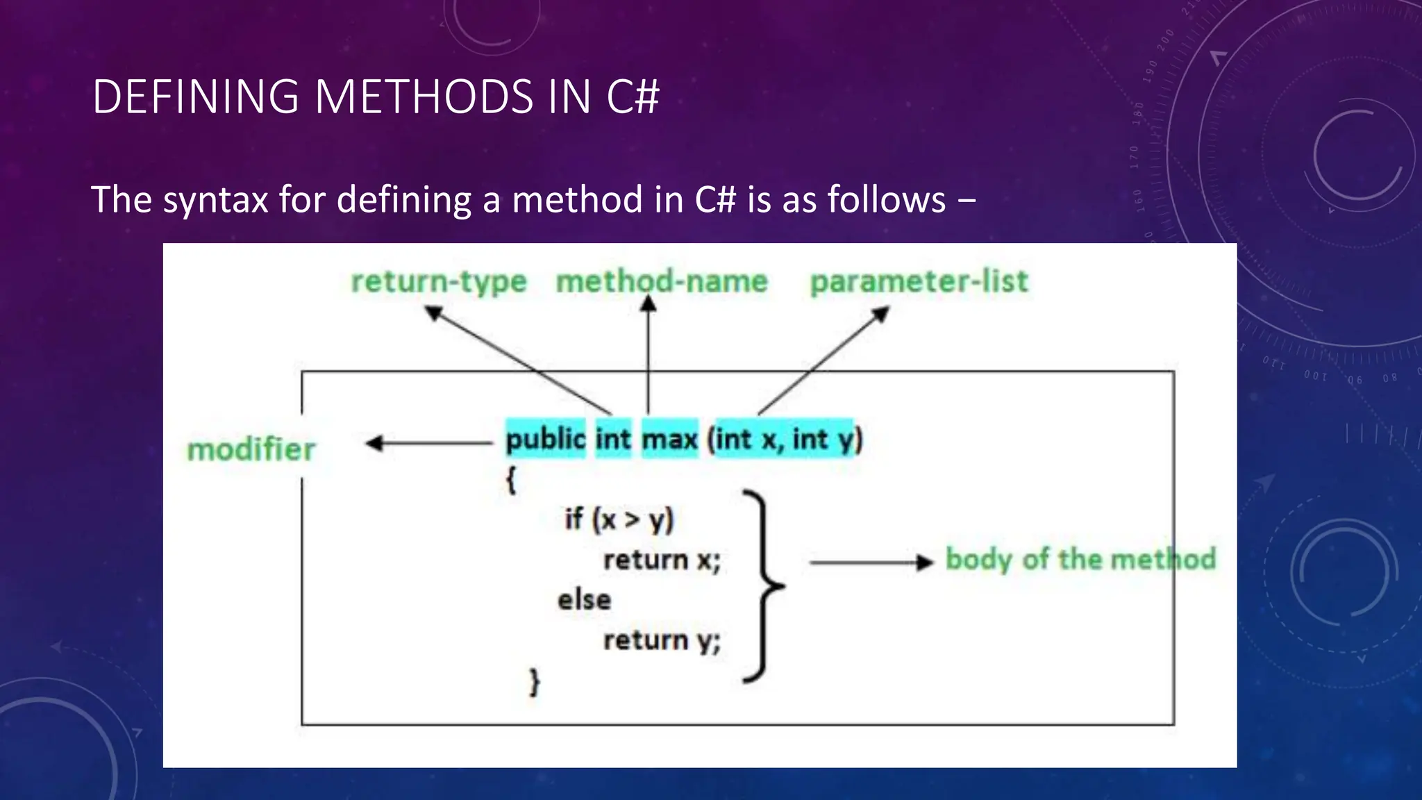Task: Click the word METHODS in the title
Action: tap(424, 97)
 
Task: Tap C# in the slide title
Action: tap(633, 97)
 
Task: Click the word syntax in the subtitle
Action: tap(215, 201)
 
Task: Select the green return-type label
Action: tap(439, 282)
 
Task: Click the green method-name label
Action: tap(662, 282)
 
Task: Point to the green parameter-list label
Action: tap(919, 282)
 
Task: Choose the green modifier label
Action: tap(251, 449)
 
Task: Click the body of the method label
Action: tap(1080, 560)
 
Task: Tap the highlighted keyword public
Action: tap(546, 439)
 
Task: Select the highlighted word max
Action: tap(669, 439)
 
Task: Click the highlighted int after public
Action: tap(613, 439)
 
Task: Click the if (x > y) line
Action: tap(619, 519)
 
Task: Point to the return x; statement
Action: tap(662, 560)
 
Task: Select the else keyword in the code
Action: tap(584, 600)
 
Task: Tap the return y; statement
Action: tap(662, 640)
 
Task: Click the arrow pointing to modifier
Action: tap(429, 443)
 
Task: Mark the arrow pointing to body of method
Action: tap(871, 562)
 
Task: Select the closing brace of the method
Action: tap(534, 682)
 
